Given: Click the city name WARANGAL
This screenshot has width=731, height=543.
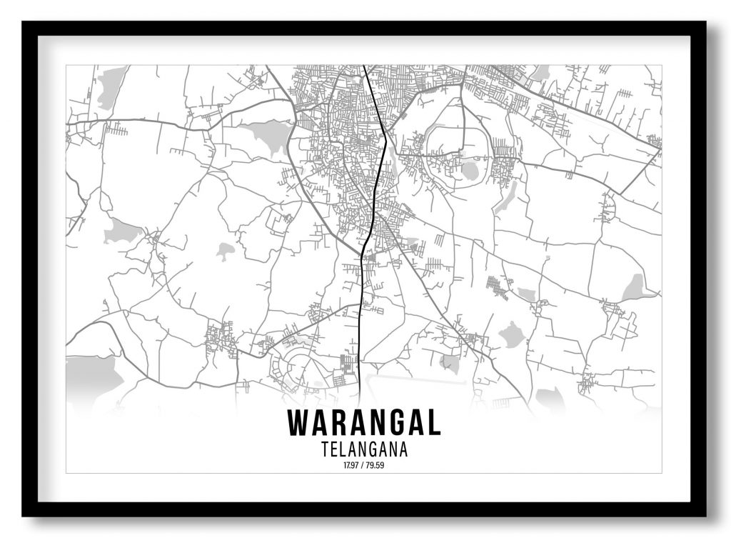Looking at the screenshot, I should click(364, 423).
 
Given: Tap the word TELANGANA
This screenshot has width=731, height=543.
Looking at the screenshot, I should click(364, 450).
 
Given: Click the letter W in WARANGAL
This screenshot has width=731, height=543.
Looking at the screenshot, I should click(298, 423).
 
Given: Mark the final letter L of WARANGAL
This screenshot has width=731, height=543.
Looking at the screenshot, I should click(434, 423).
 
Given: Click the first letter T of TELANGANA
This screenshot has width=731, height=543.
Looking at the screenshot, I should click(326, 450).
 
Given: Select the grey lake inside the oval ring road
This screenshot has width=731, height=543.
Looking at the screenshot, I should click(470, 171).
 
